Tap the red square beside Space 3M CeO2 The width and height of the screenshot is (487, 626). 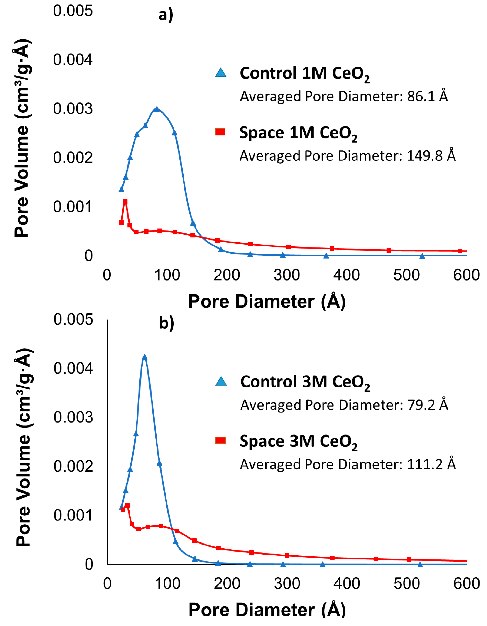point(220,440)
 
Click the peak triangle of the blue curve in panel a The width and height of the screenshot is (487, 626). point(157,109)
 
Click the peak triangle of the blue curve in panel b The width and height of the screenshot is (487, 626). point(145,357)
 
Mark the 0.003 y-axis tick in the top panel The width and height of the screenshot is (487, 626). point(73,109)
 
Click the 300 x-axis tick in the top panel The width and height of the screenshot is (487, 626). point(286,275)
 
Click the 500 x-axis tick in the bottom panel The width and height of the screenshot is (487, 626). point(407,584)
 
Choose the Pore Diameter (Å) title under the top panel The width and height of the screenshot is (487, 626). point(267,301)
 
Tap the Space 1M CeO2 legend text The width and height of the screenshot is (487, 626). point(298,133)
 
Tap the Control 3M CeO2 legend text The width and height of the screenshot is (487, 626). point(305,382)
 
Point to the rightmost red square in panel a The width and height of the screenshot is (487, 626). point(460,251)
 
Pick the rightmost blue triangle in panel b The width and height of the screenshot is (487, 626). point(420,565)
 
